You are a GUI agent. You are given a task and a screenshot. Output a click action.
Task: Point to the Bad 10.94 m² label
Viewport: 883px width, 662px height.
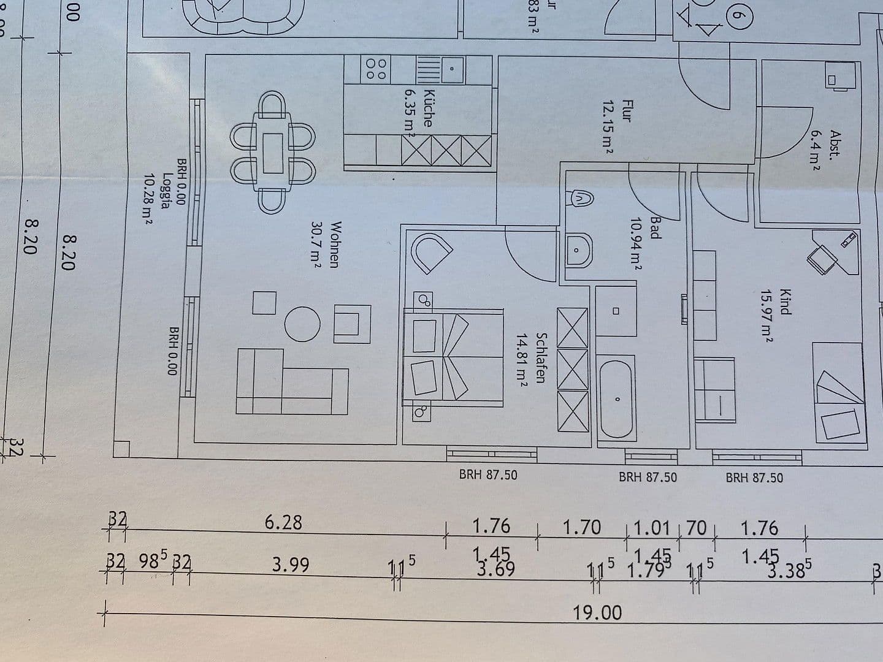click(x=646, y=243)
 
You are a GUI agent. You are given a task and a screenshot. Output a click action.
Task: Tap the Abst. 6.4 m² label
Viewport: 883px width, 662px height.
click(x=825, y=149)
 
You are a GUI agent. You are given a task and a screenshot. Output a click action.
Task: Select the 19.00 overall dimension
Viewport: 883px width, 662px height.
click(x=597, y=612)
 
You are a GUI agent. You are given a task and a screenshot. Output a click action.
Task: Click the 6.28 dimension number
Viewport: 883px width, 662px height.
click(x=283, y=523)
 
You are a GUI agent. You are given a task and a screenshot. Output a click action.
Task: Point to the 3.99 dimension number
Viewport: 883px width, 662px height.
click(x=291, y=565)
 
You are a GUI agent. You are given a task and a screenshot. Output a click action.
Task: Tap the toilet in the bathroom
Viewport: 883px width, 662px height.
click(x=579, y=198)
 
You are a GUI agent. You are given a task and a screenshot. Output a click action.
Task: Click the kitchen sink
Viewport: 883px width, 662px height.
click(x=450, y=70)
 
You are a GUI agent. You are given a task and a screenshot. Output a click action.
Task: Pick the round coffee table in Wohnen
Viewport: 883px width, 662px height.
click(x=302, y=323)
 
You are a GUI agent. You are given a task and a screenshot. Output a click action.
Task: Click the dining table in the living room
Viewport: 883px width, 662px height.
click(x=273, y=153)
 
